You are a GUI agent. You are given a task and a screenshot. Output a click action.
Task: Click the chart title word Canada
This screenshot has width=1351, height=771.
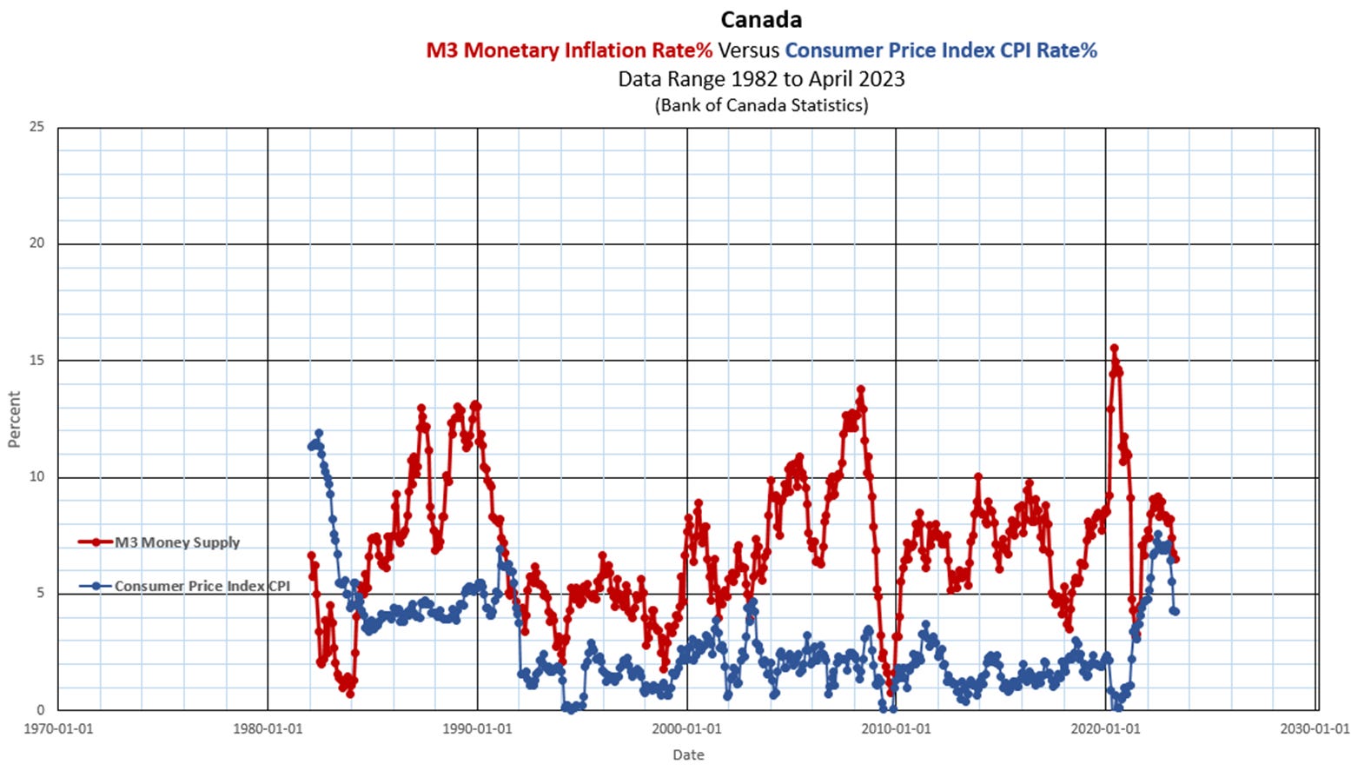pos(761,19)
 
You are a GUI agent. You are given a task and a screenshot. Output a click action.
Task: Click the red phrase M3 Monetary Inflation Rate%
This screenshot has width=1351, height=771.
pos(569,50)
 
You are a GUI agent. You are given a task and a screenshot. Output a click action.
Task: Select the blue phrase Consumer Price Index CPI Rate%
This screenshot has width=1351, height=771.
pos(941,50)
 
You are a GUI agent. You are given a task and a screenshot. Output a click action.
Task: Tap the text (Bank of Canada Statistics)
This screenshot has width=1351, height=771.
pos(761,106)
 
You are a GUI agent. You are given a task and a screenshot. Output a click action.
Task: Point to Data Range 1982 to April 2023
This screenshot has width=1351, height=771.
pos(761,79)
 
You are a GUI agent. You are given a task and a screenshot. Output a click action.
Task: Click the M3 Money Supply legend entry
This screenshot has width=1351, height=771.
pos(177,542)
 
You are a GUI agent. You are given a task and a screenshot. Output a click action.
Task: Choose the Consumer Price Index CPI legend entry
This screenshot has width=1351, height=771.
pos(202,587)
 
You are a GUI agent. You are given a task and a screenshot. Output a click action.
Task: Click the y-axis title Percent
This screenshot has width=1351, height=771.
pos(14,419)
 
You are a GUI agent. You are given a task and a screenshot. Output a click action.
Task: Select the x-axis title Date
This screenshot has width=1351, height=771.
pos(688,754)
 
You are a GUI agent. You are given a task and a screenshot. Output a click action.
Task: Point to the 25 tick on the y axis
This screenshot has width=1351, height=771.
pos(36,127)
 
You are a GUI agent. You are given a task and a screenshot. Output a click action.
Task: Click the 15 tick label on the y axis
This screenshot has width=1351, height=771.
pos(36,360)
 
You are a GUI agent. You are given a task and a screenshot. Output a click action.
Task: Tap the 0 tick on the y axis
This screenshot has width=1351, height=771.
pos(40,710)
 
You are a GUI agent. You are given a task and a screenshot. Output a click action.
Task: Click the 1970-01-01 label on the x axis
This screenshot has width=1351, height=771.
pos(58,728)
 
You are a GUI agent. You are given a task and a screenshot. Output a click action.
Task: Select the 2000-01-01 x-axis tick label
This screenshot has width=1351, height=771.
pos(687,728)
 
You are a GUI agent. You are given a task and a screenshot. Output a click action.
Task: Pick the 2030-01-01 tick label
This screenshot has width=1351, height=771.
pos(1315,728)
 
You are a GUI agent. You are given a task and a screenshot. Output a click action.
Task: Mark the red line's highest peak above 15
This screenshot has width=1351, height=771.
pos(1114,349)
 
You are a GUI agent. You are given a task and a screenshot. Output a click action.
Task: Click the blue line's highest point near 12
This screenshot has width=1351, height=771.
pos(319,433)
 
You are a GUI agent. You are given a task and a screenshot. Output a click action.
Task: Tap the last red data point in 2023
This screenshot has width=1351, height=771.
pos(1176,559)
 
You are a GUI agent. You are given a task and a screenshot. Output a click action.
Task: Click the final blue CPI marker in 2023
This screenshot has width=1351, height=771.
pos(1176,611)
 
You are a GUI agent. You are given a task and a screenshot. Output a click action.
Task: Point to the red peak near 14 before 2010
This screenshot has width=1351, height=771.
pos(861,389)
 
